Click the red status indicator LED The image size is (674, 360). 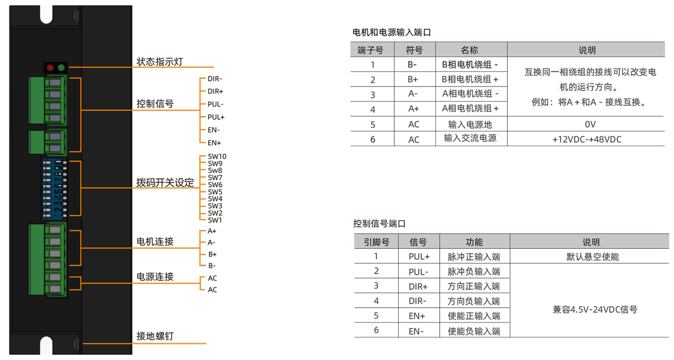point(50,68)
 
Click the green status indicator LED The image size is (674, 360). point(61,68)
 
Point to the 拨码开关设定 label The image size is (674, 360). point(165,183)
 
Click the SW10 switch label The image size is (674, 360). point(217,157)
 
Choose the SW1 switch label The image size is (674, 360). point(215,220)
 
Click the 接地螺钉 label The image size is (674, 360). point(155,336)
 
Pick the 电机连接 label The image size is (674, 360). point(155,241)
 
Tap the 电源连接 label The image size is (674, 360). point(155,277)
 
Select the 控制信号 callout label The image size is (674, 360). point(155,104)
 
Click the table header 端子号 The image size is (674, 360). point(371,50)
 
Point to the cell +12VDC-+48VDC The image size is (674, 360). point(587,139)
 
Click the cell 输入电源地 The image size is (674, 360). point(470,124)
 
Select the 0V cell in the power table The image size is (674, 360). point(587,124)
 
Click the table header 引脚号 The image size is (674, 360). point(376,242)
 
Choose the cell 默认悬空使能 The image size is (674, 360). point(589,257)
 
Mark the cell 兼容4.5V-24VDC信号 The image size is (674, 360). point(589,309)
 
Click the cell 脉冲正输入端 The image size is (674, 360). point(474,257)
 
